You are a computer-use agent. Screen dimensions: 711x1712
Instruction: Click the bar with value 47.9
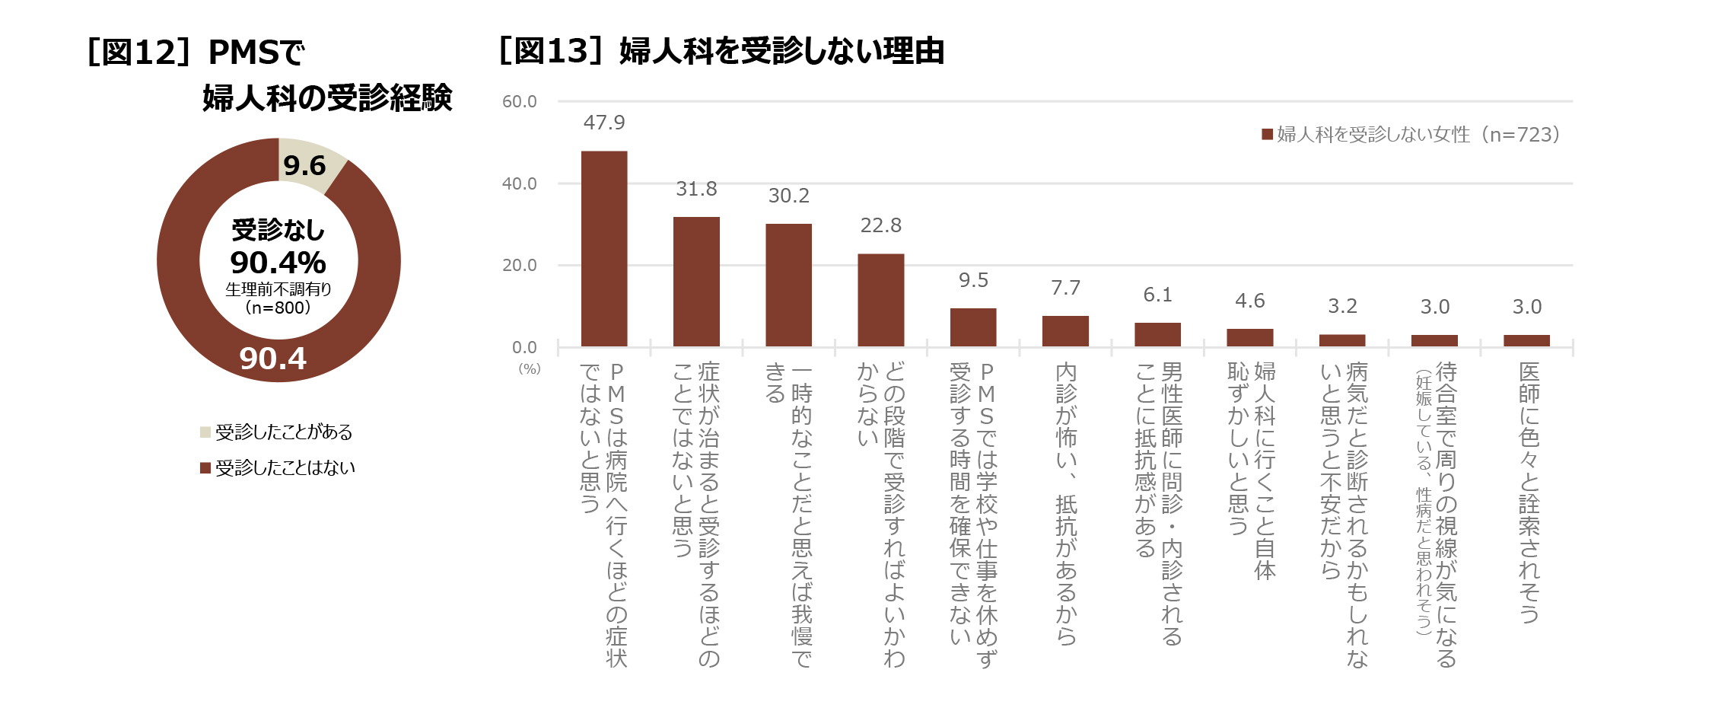coord(604,249)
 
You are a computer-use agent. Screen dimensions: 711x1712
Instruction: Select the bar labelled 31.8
coord(696,282)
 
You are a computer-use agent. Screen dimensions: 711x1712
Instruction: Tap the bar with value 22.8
coord(881,300)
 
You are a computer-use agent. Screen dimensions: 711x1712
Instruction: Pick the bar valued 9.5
coord(973,327)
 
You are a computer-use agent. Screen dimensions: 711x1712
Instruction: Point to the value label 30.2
coord(789,196)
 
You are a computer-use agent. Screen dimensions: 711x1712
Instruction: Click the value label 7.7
coord(1065,288)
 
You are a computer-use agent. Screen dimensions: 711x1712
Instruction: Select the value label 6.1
coord(1157,295)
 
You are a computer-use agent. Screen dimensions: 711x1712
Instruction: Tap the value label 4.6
coord(1250,301)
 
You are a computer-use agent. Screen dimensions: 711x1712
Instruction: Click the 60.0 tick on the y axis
coord(520,102)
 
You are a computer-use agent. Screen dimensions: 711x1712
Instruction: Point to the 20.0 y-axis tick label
coord(520,266)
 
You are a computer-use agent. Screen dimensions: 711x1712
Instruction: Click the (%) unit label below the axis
coord(530,369)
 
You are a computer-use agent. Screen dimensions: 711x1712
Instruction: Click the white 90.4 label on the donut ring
coord(273,359)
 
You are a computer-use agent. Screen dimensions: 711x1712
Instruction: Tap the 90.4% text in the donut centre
coord(278,263)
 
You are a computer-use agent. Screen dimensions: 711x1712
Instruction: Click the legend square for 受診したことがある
coord(205,432)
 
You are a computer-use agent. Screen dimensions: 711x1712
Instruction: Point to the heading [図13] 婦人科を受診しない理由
coord(721,51)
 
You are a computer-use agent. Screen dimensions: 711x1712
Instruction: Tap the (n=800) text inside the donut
coord(278,308)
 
